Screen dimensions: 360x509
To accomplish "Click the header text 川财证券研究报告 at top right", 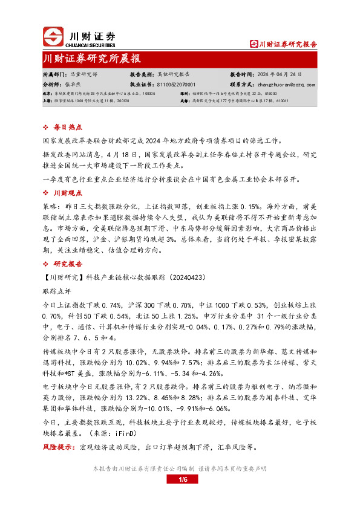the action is (287, 44).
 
